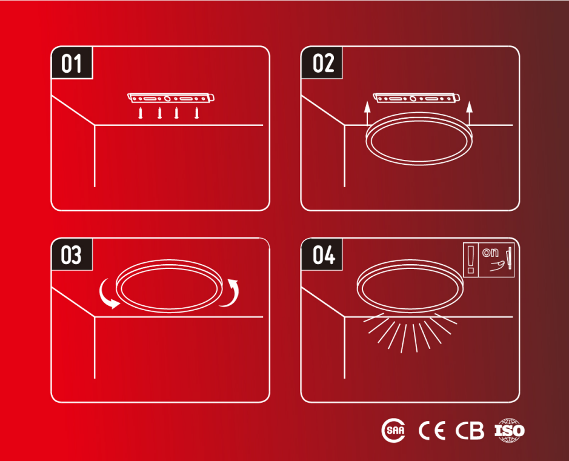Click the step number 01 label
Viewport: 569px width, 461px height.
click(x=72, y=63)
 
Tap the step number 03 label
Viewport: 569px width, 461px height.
click(x=72, y=254)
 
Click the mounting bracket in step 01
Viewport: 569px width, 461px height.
click(x=170, y=98)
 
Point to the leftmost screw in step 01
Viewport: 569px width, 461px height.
click(x=141, y=113)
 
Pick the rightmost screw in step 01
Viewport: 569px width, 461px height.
click(x=197, y=113)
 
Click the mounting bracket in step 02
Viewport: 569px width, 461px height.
click(x=416, y=98)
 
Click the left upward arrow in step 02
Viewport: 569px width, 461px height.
click(x=367, y=113)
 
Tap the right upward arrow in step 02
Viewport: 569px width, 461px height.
click(x=469, y=113)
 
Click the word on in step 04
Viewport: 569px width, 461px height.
click(x=490, y=252)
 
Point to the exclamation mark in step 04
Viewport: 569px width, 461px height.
click(x=471, y=259)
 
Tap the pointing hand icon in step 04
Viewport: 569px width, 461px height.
click(x=499, y=266)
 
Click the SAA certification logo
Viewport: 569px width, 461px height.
click(x=393, y=431)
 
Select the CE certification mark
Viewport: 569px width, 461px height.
click(x=432, y=431)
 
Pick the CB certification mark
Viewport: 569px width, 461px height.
click(x=470, y=431)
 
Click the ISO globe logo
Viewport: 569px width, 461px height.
click(x=510, y=431)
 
